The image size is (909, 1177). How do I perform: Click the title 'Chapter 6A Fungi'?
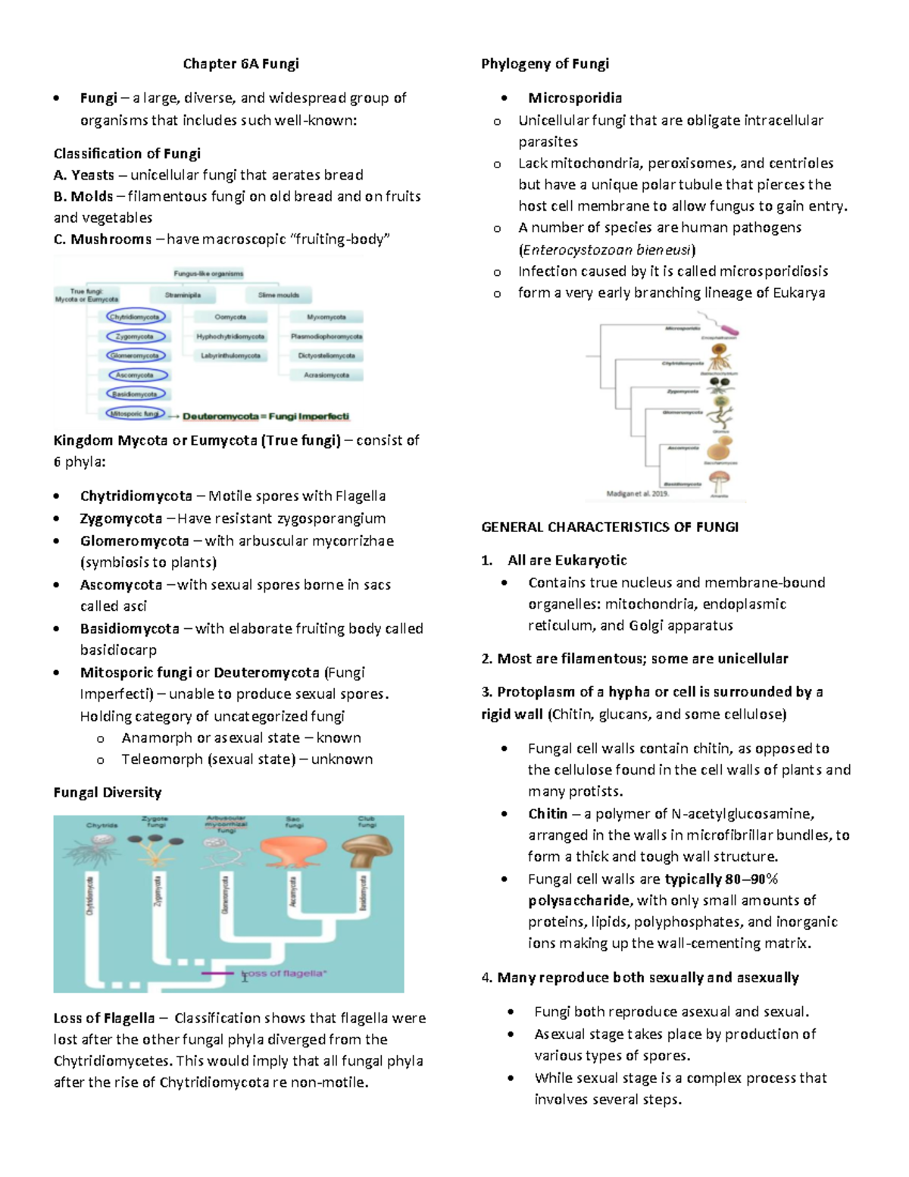pos(241,64)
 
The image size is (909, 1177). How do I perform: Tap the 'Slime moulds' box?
pos(278,296)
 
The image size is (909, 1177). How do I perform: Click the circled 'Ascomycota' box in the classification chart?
pos(136,375)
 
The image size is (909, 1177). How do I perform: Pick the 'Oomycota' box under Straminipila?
pos(230,318)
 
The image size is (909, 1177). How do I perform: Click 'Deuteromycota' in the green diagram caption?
pos(220,416)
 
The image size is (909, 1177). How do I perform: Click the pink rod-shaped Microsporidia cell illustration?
pos(729,328)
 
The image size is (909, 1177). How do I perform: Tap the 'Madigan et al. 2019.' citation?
pos(637,494)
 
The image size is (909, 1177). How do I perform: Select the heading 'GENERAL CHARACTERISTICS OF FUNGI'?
pos(610,527)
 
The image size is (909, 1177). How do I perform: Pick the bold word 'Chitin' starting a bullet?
pos(548,813)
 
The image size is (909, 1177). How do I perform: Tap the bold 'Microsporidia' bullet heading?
pos(575,98)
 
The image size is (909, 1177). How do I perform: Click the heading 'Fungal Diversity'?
pos(108,792)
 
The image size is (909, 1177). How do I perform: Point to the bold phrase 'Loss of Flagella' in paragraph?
pos(104,1018)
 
